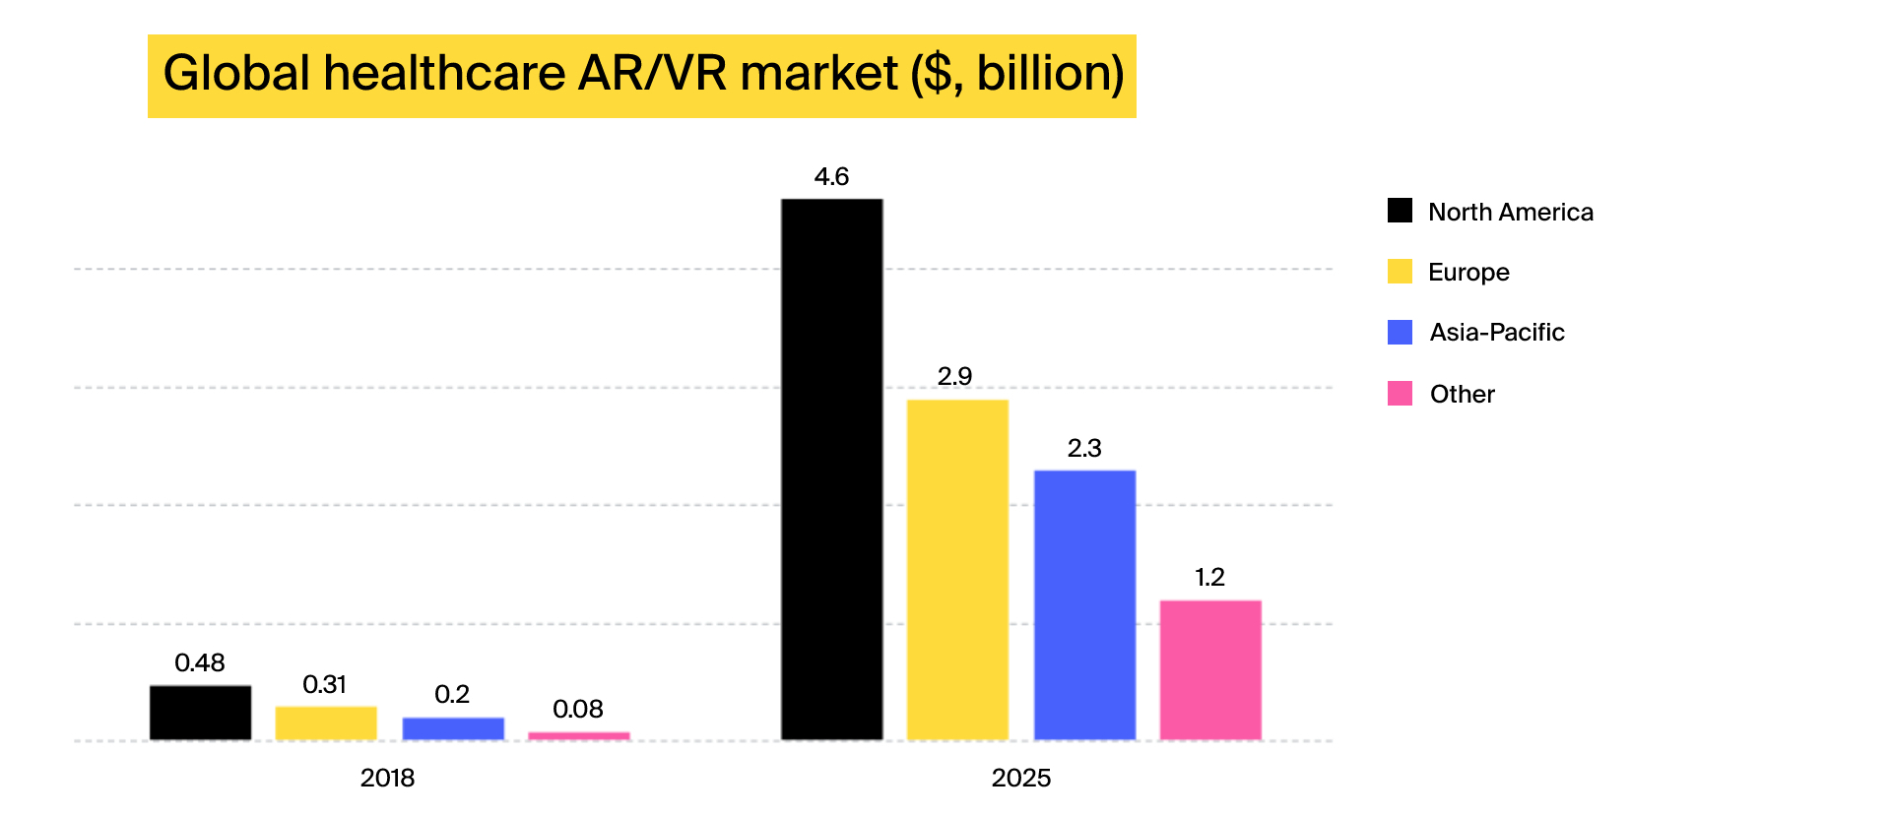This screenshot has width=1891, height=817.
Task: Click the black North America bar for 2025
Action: pyautogui.click(x=831, y=470)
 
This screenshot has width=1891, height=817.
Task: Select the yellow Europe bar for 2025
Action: pyautogui.click(x=957, y=570)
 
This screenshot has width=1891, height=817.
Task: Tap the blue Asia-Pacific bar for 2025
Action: pyautogui.click(x=1084, y=605)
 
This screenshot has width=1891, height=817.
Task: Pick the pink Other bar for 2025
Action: pyautogui.click(x=1210, y=670)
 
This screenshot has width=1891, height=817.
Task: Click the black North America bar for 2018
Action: pyautogui.click(x=200, y=713)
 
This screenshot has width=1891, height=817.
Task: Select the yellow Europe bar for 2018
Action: pyautogui.click(x=326, y=723)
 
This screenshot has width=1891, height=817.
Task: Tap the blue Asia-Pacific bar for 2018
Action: pyautogui.click(x=453, y=728)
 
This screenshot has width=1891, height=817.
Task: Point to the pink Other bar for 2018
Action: pyautogui.click(x=579, y=735)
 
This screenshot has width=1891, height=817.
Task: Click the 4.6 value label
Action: pyautogui.click(x=831, y=177)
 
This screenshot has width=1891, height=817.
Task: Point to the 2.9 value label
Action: pyautogui.click(x=954, y=377)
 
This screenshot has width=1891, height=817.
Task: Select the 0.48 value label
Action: pyautogui.click(x=200, y=663)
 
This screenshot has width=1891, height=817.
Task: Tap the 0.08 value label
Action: pyautogui.click(x=578, y=710)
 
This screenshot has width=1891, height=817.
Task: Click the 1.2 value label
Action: pyautogui.click(x=1209, y=578)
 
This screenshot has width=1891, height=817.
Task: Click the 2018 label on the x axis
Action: pyautogui.click(x=387, y=779)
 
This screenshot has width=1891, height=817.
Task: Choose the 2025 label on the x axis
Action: pyautogui.click(x=1021, y=779)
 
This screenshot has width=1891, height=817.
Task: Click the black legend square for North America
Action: pyautogui.click(x=1400, y=211)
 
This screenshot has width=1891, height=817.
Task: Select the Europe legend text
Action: pyautogui.click(x=1468, y=273)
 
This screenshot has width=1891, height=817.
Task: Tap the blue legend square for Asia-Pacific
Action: pyautogui.click(x=1400, y=333)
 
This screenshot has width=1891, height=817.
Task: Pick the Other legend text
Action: pyautogui.click(x=1462, y=395)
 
